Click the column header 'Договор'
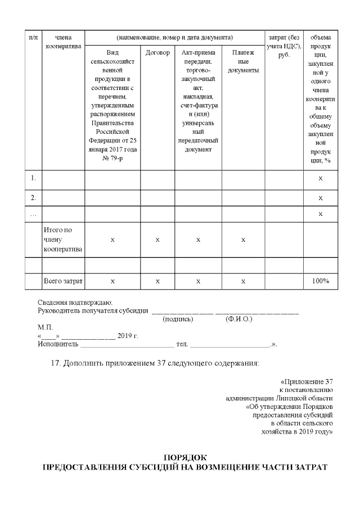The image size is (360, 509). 157,53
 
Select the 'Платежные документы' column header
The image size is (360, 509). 243,62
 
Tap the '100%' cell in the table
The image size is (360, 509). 321,281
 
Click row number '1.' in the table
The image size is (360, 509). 34,178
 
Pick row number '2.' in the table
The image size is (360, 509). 34,197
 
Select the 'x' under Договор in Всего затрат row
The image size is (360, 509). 157,281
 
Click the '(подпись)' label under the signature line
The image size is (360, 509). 178,319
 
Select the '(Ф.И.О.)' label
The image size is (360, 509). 238,319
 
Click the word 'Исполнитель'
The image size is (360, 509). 53,344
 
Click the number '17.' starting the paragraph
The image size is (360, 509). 55,363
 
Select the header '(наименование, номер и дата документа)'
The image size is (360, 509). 174,37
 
